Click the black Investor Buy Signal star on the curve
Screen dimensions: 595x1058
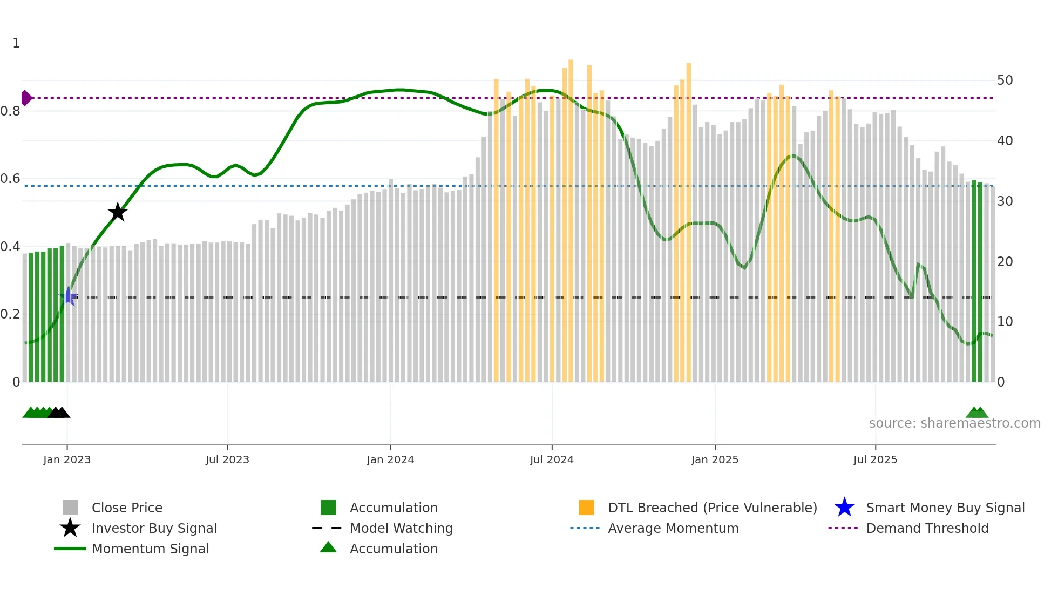[117, 212]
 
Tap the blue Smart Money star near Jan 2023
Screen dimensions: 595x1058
[69, 296]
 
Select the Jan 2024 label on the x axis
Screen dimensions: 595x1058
[390, 459]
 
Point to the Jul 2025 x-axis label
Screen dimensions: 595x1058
[875, 459]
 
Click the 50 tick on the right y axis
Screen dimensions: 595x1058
[1005, 80]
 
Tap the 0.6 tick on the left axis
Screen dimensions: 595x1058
[11, 179]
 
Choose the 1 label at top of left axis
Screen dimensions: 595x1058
[16, 43]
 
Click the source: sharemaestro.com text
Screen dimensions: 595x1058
[954, 423]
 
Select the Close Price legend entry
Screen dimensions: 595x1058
[127, 508]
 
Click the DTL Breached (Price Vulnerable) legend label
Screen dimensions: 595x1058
[712, 508]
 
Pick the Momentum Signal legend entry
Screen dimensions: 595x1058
[150, 549]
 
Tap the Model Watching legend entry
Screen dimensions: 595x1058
[401, 528]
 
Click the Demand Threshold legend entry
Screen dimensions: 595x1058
[927, 528]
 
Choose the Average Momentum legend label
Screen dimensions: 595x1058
[673, 528]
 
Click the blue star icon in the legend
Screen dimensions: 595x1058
[844, 508]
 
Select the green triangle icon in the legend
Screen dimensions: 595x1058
[328, 547]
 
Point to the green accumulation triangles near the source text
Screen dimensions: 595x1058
[977, 413]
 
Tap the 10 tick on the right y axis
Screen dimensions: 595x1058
[1005, 322]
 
